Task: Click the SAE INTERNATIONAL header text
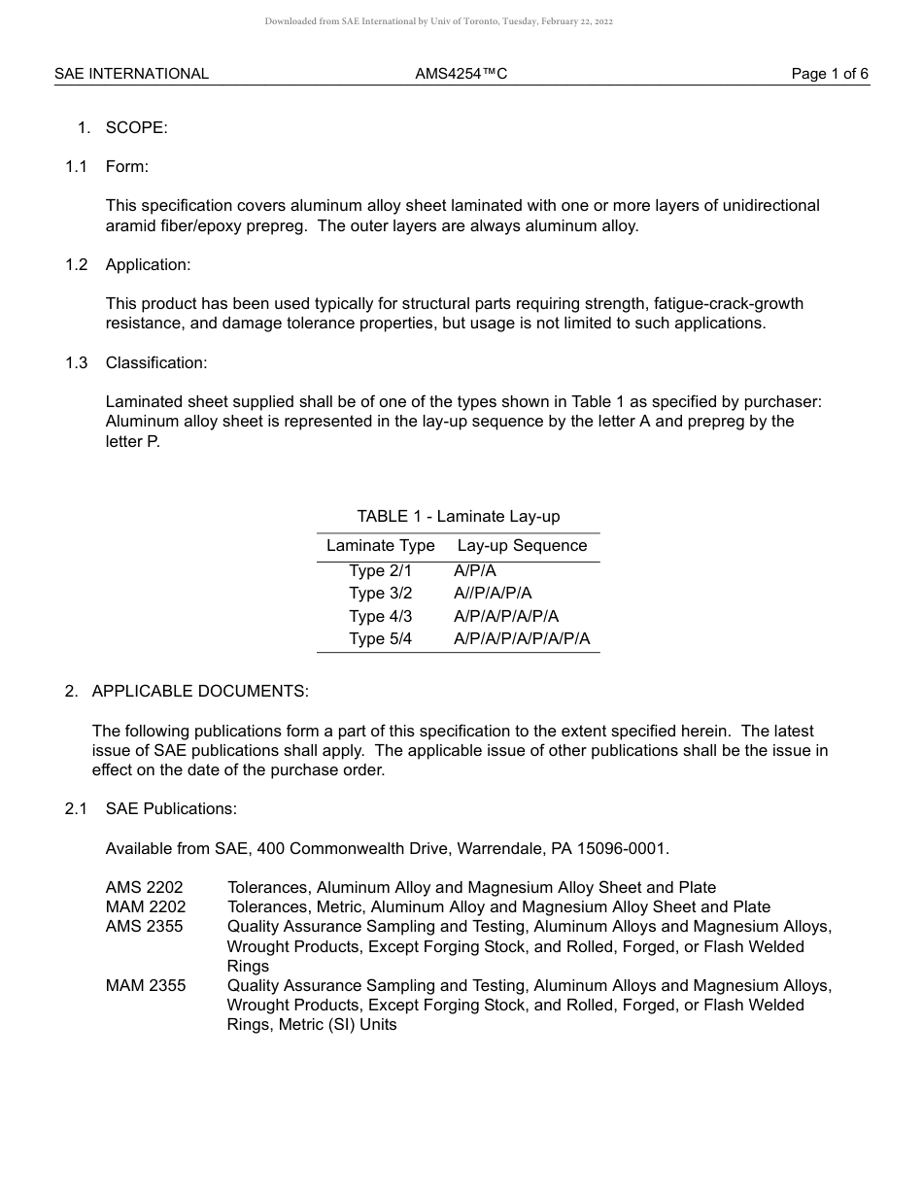coord(131,74)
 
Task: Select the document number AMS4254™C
coord(461,74)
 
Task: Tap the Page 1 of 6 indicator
coord(829,74)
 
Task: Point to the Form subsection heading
coord(126,167)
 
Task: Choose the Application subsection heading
coord(148,265)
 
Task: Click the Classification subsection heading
coord(155,363)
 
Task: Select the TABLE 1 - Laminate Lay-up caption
coord(458,517)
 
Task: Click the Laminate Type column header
coord(380,546)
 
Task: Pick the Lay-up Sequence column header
coord(522,546)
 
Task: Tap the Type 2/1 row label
coord(380,571)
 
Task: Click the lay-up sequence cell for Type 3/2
coord(493,594)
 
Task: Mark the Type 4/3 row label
coord(380,617)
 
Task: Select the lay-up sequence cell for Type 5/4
coord(521,639)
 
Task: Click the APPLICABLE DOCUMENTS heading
coord(199,692)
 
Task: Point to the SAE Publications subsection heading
coord(171,809)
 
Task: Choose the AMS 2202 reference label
coord(144,888)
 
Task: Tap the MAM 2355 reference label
coord(146,986)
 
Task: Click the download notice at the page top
coord(438,21)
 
